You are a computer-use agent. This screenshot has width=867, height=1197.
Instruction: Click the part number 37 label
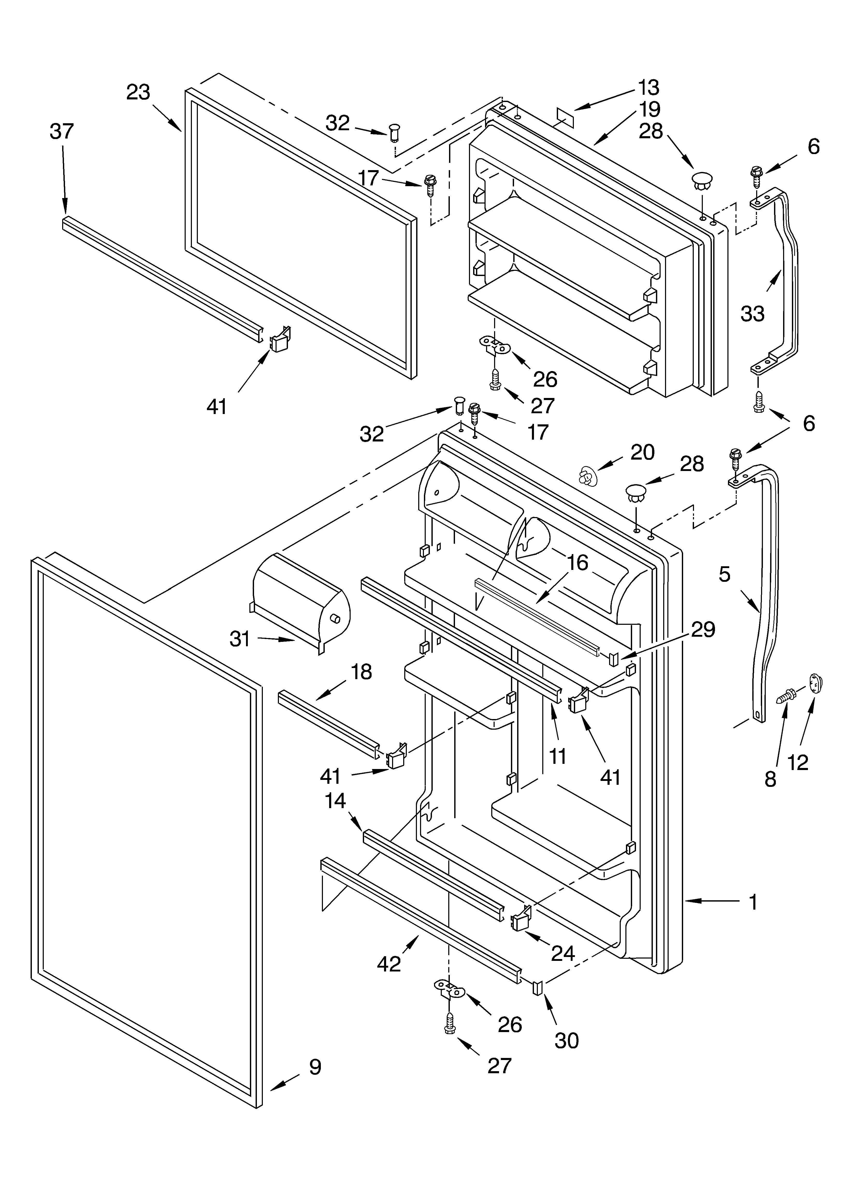tap(62, 131)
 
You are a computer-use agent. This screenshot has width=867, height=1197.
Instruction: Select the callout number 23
tap(138, 92)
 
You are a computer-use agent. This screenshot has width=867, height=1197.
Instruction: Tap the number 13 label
tap(648, 87)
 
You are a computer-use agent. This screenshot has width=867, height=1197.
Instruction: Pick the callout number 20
tap(642, 452)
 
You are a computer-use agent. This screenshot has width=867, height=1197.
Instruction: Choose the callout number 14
tap(335, 801)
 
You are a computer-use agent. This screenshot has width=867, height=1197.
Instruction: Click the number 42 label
tap(389, 964)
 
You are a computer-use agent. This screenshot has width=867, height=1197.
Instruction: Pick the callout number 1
tap(754, 902)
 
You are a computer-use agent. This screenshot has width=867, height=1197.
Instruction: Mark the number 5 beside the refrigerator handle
tap(724, 574)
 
